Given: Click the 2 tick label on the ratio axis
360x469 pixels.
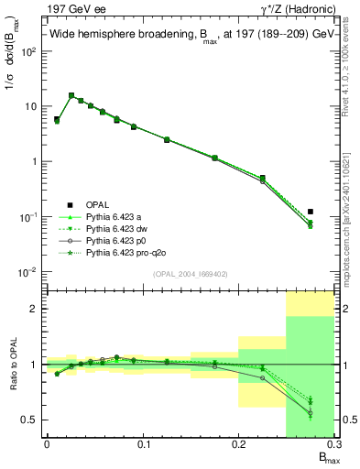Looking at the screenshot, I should pyautogui.click(x=35, y=309).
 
